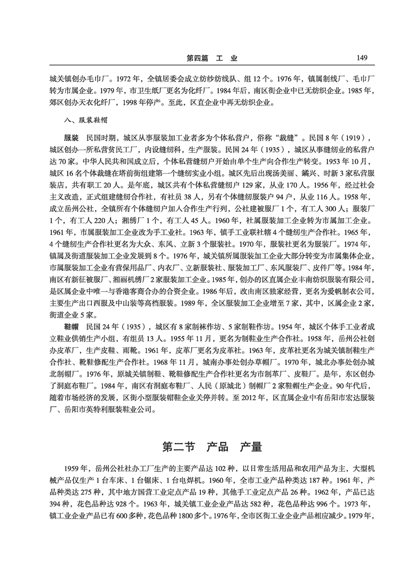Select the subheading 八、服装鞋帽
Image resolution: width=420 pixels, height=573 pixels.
pos(85,120)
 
